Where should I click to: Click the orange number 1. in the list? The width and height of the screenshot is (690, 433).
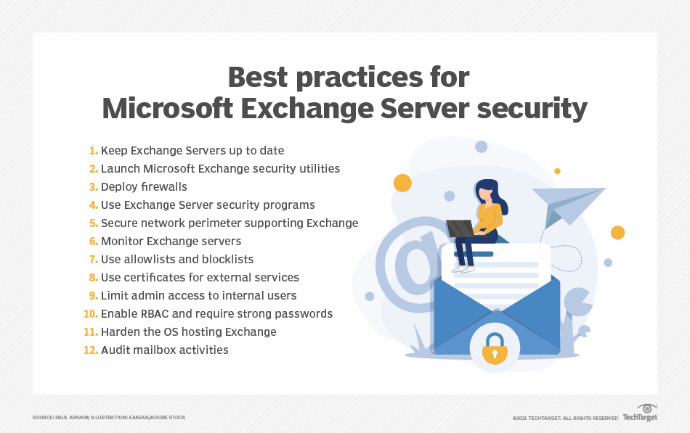(93, 151)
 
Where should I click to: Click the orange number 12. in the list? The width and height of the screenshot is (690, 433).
(90, 350)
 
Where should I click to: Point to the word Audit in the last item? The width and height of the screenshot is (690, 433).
(115, 350)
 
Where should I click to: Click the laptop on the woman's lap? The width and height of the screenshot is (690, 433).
(460, 228)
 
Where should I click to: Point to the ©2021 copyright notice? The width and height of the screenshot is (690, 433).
(565, 418)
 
